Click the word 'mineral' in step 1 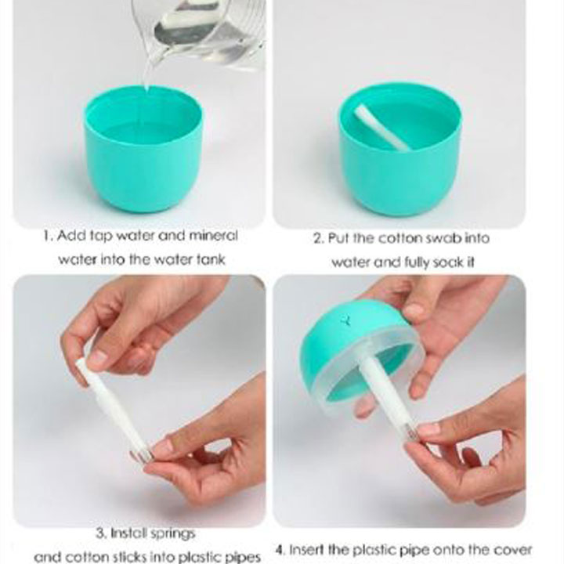[x=213, y=236]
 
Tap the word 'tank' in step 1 [x=211, y=259]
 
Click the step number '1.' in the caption [x=49, y=236]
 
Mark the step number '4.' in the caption [x=280, y=550]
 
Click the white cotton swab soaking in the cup [x=381, y=128]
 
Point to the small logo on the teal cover [x=346, y=320]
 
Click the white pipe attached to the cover [x=387, y=395]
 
